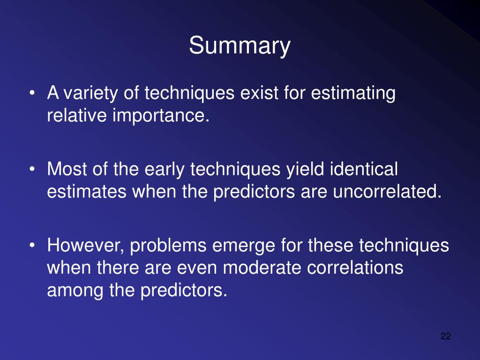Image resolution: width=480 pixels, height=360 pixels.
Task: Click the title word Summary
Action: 240,46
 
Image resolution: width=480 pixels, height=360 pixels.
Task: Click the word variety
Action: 90,93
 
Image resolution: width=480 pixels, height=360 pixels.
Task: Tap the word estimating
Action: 353,93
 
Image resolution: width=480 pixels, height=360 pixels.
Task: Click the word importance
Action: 161,116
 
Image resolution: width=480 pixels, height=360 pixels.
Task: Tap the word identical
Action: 364,169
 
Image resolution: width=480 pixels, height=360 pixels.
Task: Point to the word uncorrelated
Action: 387,192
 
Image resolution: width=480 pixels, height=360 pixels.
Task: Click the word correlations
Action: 355,268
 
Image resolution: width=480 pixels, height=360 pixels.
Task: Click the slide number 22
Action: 446,336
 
